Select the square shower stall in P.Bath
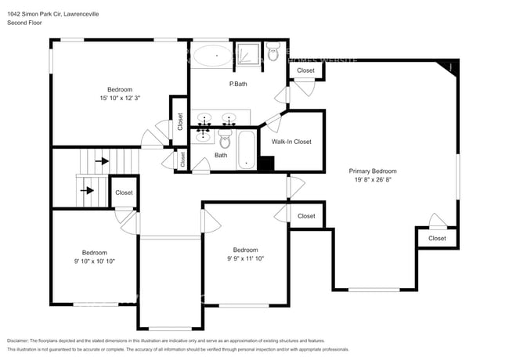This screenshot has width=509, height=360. click(x=248, y=54)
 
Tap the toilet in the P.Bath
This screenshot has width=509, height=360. click(x=273, y=54)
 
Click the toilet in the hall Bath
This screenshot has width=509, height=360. click(x=226, y=141)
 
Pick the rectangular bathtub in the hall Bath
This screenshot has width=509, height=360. click(x=246, y=149)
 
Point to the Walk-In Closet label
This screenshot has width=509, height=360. click(x=291, y=142)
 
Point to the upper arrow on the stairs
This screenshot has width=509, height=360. click(x=103, y=162)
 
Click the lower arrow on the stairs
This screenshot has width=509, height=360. click(x=88, y=189)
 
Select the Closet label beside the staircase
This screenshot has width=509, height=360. click(x=124, y=193)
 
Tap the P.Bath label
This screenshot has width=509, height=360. click(x=239, y=84)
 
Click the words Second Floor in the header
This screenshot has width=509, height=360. click(x=24, y=23)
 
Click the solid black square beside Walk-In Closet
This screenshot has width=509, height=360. click(x=266, y=164)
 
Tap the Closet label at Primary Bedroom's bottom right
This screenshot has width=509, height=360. click(x=437, y=238)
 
